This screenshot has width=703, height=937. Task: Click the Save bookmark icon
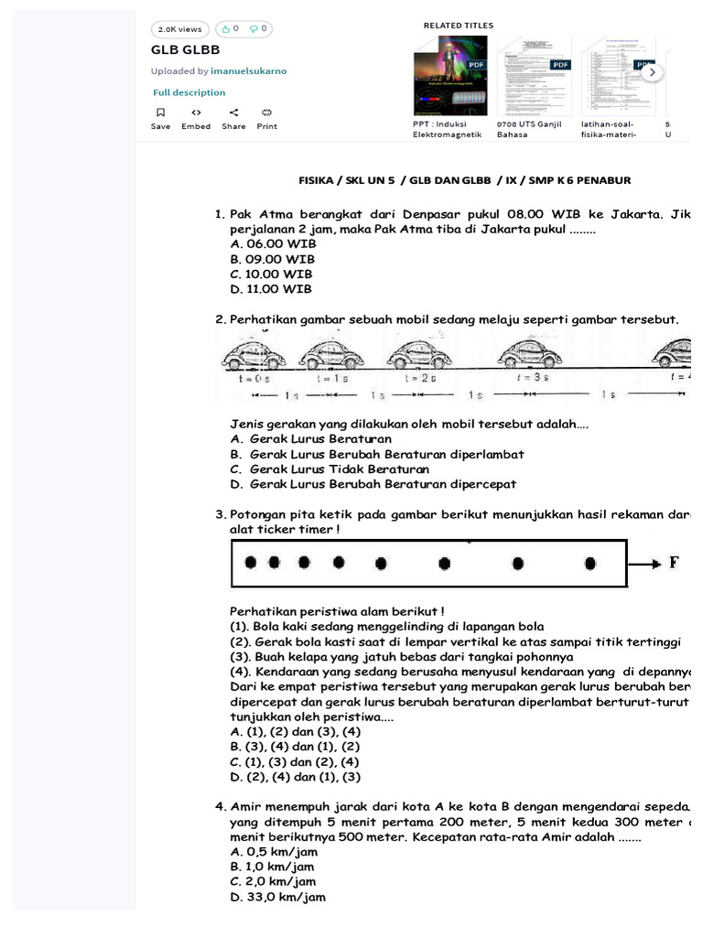[160, 113]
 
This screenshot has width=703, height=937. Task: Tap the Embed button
[196, 113]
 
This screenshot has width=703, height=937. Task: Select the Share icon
[233, 113]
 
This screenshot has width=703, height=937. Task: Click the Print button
[266, 113]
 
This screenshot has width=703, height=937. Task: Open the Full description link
[189, 92]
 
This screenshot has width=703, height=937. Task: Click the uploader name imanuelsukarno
[249, 70]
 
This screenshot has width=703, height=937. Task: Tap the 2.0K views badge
[179, 29]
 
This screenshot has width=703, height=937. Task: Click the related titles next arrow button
[651, 71]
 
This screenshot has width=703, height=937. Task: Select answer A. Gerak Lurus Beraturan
[311, 439]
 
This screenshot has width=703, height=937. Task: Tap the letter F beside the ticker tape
[674, 563]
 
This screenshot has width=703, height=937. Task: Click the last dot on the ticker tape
[590, 563]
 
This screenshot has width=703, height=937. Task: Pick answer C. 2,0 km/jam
[273, 882]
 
